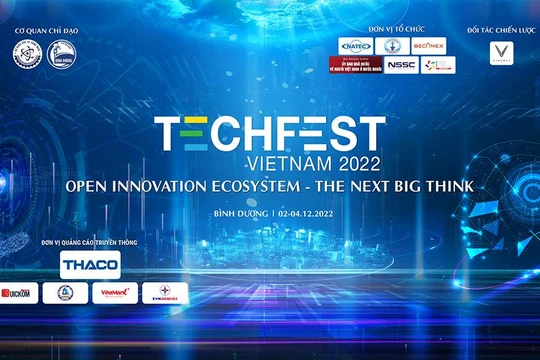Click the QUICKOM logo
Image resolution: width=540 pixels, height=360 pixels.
coord(17,293)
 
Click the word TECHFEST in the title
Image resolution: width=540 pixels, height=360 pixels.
coord(269,134)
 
